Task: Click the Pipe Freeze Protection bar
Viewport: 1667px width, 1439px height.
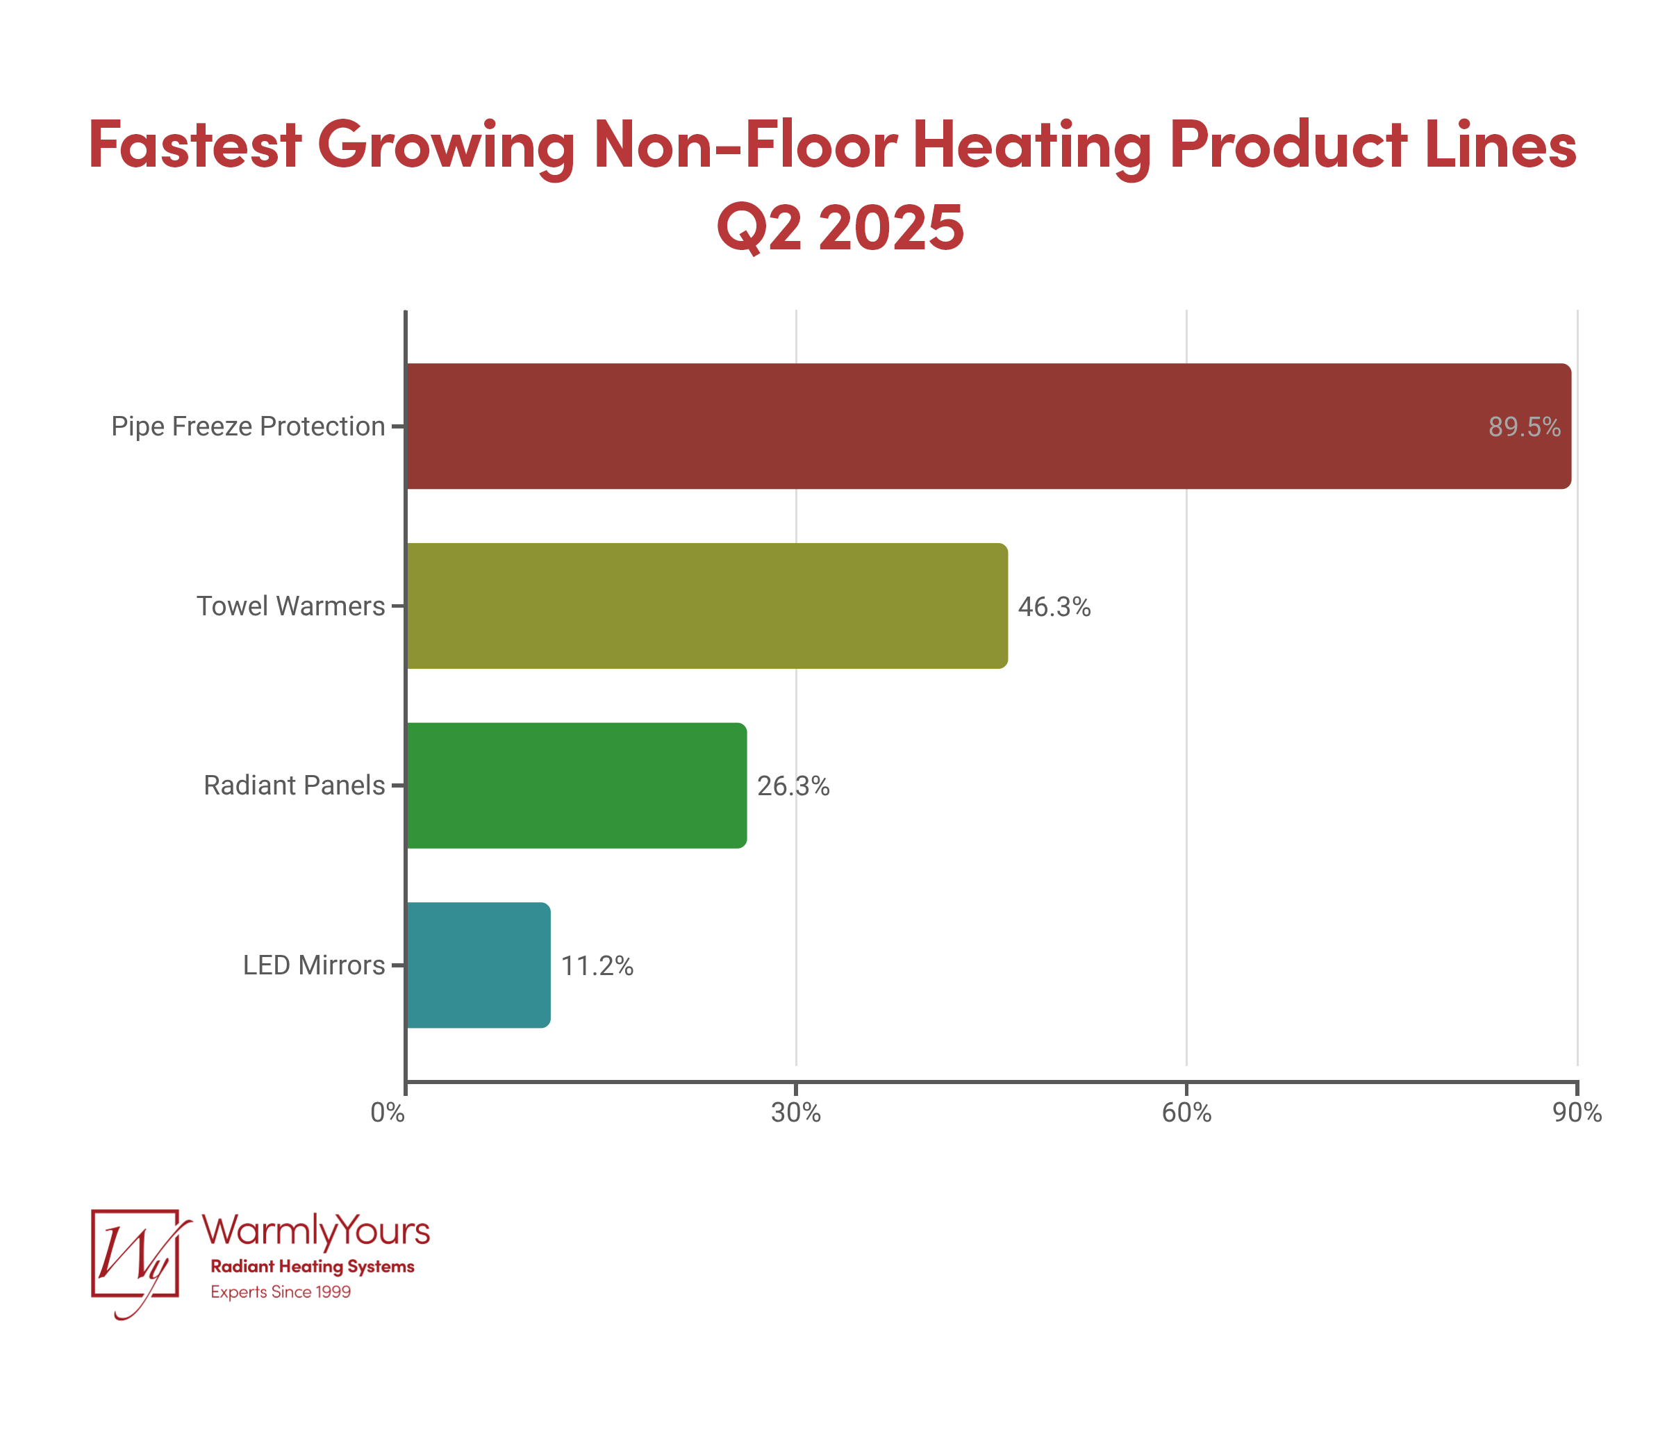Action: [988, 426]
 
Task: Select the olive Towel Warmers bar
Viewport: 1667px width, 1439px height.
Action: [706, 606]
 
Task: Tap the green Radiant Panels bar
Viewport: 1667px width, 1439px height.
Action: [576, 785]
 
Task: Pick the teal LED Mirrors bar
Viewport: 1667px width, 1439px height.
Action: [478, 965]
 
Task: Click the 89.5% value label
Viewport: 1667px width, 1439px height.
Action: [1524, 427]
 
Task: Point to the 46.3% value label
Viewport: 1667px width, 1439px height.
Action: [1054, 606]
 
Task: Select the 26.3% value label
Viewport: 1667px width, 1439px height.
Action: [793, 786]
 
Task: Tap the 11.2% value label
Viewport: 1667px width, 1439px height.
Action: [597, 966]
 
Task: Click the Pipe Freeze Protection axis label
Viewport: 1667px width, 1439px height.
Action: [248, 426]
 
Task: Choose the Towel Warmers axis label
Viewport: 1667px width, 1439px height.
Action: [290, 606]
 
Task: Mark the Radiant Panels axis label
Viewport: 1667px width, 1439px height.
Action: [294, 785]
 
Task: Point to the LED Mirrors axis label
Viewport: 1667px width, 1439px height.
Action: [314, 965]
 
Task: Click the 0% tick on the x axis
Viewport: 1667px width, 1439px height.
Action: [388, 1113]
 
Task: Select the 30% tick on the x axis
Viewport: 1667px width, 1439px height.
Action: [796, 1113]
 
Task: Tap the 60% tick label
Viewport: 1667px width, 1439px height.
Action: [1186, 1113]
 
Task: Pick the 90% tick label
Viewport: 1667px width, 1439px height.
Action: [1577, 1113]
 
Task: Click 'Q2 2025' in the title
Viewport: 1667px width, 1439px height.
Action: [840, 227]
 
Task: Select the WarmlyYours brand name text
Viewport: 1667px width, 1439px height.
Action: [315, 1231]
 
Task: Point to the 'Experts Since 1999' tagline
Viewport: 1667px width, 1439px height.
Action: [281, 1292]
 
